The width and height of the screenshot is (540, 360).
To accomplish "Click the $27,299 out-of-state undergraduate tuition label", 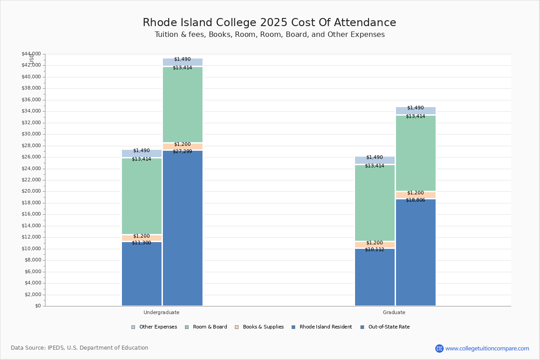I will (x=182, y=152).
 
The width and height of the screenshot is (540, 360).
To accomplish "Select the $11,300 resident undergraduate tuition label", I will (x=141, y=243).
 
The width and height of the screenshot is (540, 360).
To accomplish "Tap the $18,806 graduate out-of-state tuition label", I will (x=415, y=200).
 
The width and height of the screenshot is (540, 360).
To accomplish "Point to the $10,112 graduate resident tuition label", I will (x=374, y=250).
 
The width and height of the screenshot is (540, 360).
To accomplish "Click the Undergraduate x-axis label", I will (x=161, y=312).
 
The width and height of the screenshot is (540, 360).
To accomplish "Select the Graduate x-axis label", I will (x=394, y=312).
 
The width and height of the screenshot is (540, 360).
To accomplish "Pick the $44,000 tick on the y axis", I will (x=31, y=54).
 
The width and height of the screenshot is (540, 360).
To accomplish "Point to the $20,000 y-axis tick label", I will (x=31, y=191).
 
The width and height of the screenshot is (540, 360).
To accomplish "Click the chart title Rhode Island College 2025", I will (x=269, y=23).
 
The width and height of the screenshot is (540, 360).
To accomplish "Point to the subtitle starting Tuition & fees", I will (x=269, y=35).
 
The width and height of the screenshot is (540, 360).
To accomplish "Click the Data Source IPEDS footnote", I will (x=80, y=348).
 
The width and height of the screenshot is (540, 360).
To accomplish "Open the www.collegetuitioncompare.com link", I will (x=487, y=348).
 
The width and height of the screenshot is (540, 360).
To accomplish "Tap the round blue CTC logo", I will (x=439, y=348).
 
